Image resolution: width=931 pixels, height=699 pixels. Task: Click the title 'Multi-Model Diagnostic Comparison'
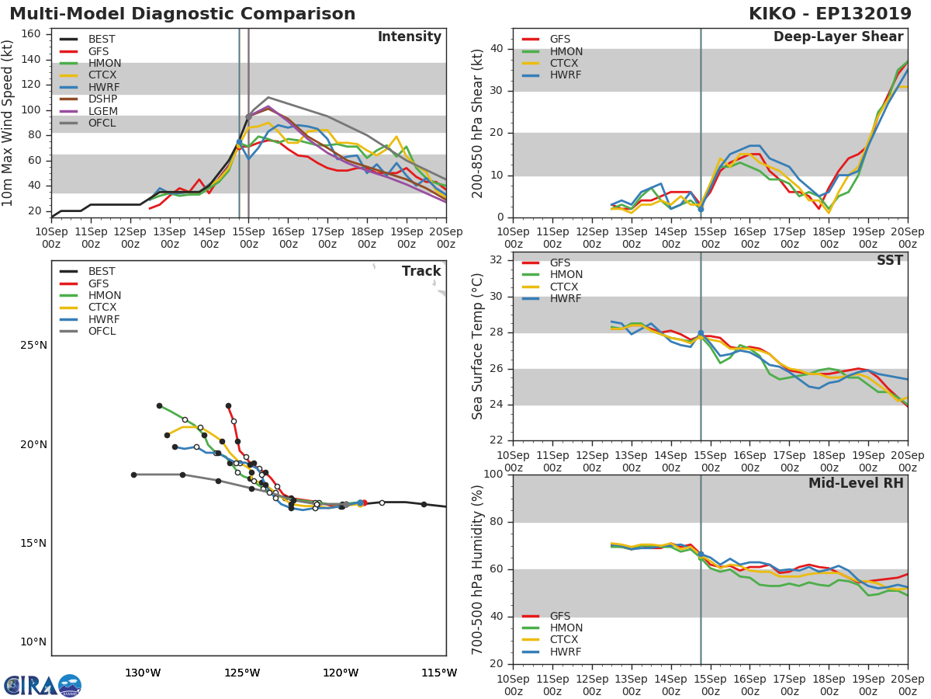[182, 14]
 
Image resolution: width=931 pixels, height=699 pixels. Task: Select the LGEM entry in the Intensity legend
[102, 111]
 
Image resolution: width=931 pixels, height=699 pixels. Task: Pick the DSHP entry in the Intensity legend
[102, 99]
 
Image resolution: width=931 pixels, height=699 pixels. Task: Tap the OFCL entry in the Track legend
[102, 332]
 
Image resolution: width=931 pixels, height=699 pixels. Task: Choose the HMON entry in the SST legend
[566, 275]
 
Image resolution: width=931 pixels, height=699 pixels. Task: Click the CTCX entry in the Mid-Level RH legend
[566, 640]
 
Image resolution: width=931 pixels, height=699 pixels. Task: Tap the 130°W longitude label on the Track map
[143, 673]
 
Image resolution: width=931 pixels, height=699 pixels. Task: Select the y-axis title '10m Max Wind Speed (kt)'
[9, 123]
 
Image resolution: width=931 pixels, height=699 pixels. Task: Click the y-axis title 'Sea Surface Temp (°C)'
[477, 347]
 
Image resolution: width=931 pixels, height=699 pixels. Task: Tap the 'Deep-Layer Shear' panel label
[838, 37]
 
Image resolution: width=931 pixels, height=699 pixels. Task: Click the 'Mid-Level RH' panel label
[855, 483]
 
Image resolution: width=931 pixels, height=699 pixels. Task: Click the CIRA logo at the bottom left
[43, 685]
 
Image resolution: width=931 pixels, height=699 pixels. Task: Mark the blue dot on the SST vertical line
[701, 333]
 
